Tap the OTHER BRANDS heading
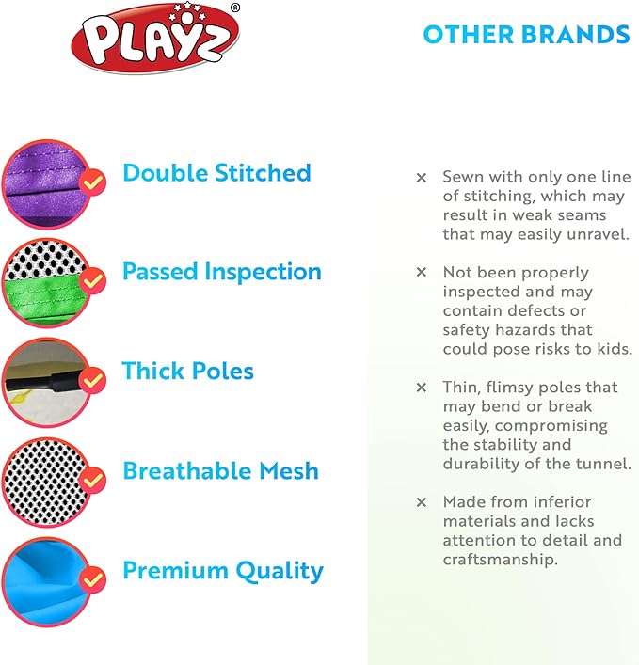(x=526, y=35)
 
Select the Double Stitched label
(x=216, y=173)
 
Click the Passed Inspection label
(x=222, y=272)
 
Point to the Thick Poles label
(x=188, y=371)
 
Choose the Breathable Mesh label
(x=220, y=470)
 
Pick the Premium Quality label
(x=223, y=570)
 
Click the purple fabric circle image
(x=44, y=182)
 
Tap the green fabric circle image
(x=44, y=282)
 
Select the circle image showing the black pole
(x=44, y=382)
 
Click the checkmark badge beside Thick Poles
(x=92, y=381)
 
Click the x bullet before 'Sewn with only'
(x=422, y=177)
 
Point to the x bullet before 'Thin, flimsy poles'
(x=422, y=387)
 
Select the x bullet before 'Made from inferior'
(x=422, y=502)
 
